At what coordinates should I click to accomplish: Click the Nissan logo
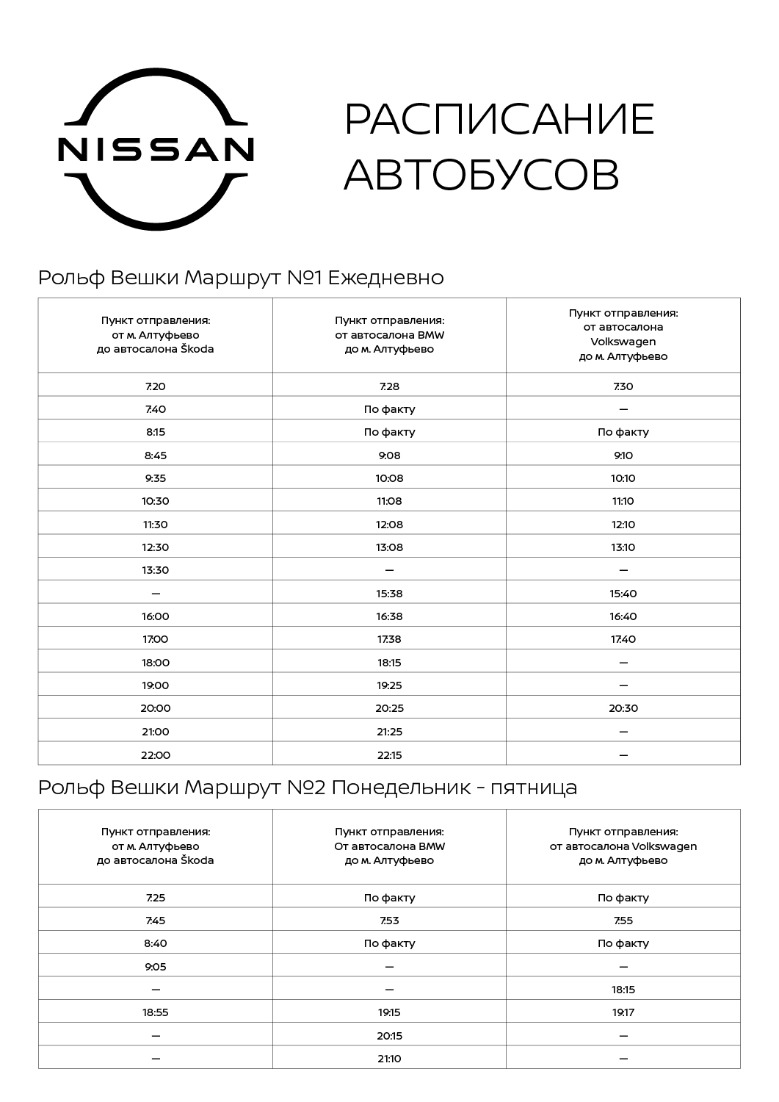pos(156,148)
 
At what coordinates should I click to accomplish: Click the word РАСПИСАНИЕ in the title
pos(499,119)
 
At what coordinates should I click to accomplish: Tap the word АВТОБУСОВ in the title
pos(482,175)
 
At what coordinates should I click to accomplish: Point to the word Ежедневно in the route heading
pos(385,278)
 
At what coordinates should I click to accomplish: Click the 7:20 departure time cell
pos(156,386)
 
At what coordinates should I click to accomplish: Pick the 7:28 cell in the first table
pos(389,386)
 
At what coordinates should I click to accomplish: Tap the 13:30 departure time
pos(156,570)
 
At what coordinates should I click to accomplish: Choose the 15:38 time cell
pos(389,594)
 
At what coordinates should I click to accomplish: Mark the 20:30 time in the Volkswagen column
pos(623,708)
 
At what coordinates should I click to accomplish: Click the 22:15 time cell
pos(389,755)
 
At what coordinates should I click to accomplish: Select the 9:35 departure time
pos(156,478)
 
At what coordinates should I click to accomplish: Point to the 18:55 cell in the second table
pos(156,1012)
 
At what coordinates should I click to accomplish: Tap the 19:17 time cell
pos(623,1012)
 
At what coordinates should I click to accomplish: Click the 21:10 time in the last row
pos(389,1059)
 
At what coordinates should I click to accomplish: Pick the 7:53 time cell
pos(389,921)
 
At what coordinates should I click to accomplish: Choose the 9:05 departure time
pos(156,967)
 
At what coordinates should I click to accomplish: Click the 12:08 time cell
pos(389,525)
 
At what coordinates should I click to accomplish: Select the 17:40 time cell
pos(623,639)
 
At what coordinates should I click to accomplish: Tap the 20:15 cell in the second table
pos(389,1036)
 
